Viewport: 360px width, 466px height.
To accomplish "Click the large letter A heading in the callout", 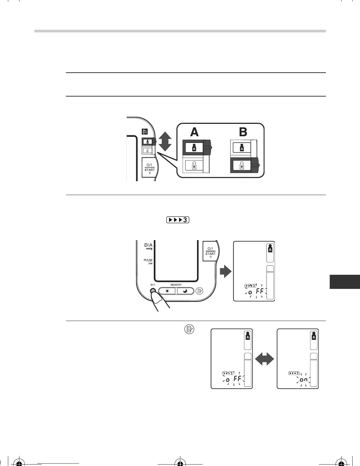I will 194,132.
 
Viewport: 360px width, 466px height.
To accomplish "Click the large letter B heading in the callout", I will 243,132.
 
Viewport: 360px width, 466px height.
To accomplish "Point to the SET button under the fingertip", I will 153,291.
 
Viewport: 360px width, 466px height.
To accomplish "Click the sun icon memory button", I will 167,291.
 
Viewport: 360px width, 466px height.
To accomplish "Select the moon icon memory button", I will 185,291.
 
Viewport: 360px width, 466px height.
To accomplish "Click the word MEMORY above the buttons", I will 176,285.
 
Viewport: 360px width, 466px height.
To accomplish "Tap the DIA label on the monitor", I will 148,245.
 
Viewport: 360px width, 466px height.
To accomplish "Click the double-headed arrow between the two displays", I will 265,359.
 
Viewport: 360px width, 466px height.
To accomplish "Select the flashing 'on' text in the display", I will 304,380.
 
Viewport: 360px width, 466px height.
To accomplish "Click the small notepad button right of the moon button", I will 200,291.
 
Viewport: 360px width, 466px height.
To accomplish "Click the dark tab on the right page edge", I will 345,282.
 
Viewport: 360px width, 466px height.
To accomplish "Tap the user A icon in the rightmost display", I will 314,337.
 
